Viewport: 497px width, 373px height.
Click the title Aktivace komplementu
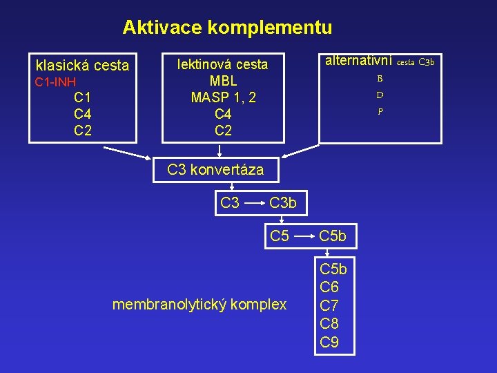click(227, 28)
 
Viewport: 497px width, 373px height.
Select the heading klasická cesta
click(82, 66)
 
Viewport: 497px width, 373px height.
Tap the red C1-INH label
click(55, 83)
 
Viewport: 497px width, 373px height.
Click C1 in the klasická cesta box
click(83, 97)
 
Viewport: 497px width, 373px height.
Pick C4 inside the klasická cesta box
click(83, 113)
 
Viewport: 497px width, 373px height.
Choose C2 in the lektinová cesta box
click(223, 130)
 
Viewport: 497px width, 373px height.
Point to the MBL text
click(223, 81)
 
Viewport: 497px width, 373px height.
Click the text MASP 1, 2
click(223, 97)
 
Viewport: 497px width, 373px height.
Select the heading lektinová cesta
click(222, 64)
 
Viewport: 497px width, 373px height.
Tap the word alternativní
click(359, 61)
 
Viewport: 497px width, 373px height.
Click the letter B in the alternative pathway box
click(380, 79)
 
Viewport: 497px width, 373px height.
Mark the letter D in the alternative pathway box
click(380, 95)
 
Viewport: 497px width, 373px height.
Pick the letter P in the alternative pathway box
click(380, 111)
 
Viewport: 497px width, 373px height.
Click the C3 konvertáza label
click(215, 170)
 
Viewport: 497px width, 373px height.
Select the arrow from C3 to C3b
click(255, 203)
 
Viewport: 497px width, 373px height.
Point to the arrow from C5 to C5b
click(304, 236)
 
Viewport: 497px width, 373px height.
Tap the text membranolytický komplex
click(199, 304)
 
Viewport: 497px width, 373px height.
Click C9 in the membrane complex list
click(330, 341)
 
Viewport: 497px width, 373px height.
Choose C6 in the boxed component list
click(330, 287)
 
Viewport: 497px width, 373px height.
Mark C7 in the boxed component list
click(330, 305)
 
